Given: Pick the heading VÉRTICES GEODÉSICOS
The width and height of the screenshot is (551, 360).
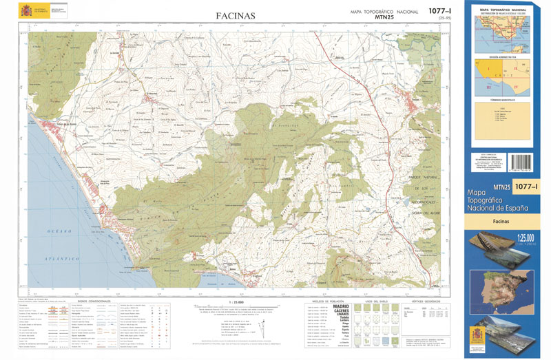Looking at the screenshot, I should [x=426, y=301].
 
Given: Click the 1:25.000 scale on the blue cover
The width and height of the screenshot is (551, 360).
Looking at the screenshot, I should [x=520, y=239].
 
